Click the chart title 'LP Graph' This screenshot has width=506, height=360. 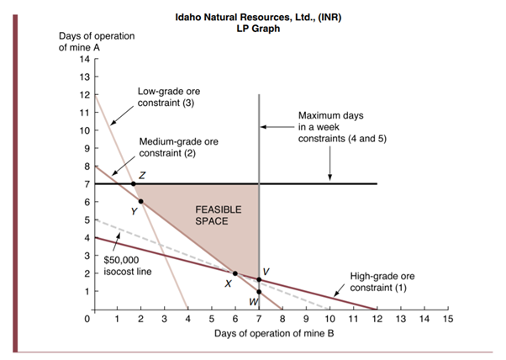coord(260,29)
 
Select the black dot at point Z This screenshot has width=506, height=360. coord(134,183)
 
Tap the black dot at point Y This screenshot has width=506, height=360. coord(140,201)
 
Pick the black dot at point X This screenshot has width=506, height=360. coord(235,273)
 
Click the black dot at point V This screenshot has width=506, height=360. coord(259,279)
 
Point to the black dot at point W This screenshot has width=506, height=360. coord(259,292)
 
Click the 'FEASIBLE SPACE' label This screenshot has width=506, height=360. coord(218,214)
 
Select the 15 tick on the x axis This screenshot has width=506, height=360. coord(448,320)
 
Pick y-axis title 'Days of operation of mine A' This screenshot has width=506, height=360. coord(96,41)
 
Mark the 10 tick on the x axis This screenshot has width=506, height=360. coord(329,320)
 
